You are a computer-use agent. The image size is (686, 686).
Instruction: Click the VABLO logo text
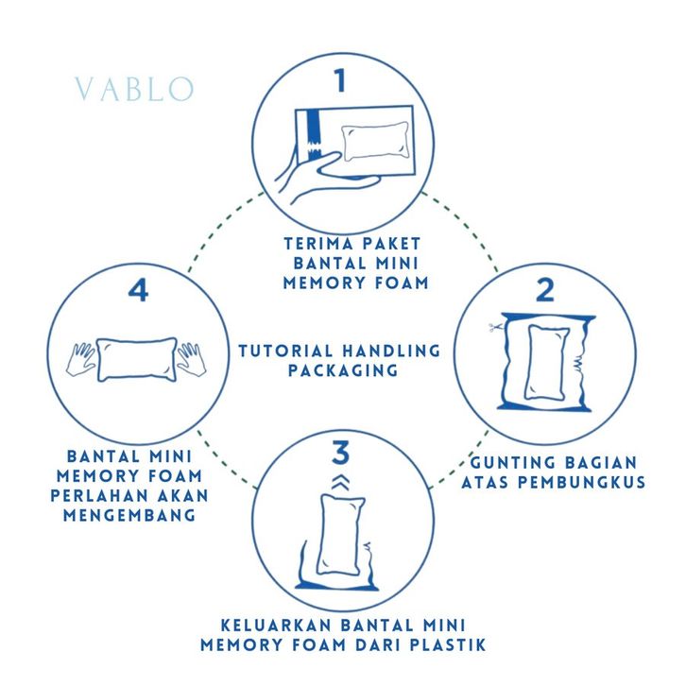(x=134, y=89)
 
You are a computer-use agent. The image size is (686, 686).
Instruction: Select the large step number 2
(x=545, y=290)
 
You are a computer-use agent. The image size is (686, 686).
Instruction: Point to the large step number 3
(x=341, y=453)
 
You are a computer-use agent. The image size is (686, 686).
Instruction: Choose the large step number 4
(x=138, y=290)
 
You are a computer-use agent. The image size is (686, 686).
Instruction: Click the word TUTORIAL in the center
(x=285, y=351)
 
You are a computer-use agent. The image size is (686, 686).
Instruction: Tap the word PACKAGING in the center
(x=343, y=370)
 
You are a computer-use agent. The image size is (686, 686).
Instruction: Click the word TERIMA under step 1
(x=313, y=243)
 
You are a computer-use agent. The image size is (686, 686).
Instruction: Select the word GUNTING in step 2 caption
(x=512, y=463)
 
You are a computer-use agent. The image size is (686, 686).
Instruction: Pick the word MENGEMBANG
(x=129, y=515)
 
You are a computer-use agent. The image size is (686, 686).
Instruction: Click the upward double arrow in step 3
(x=340, y=482)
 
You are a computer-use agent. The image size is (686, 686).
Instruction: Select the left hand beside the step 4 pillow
(x=81, y=359)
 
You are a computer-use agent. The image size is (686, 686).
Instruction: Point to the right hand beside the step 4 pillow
(x=191, y=359)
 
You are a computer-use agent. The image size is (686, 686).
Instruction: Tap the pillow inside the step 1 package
(x=376, y=142)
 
